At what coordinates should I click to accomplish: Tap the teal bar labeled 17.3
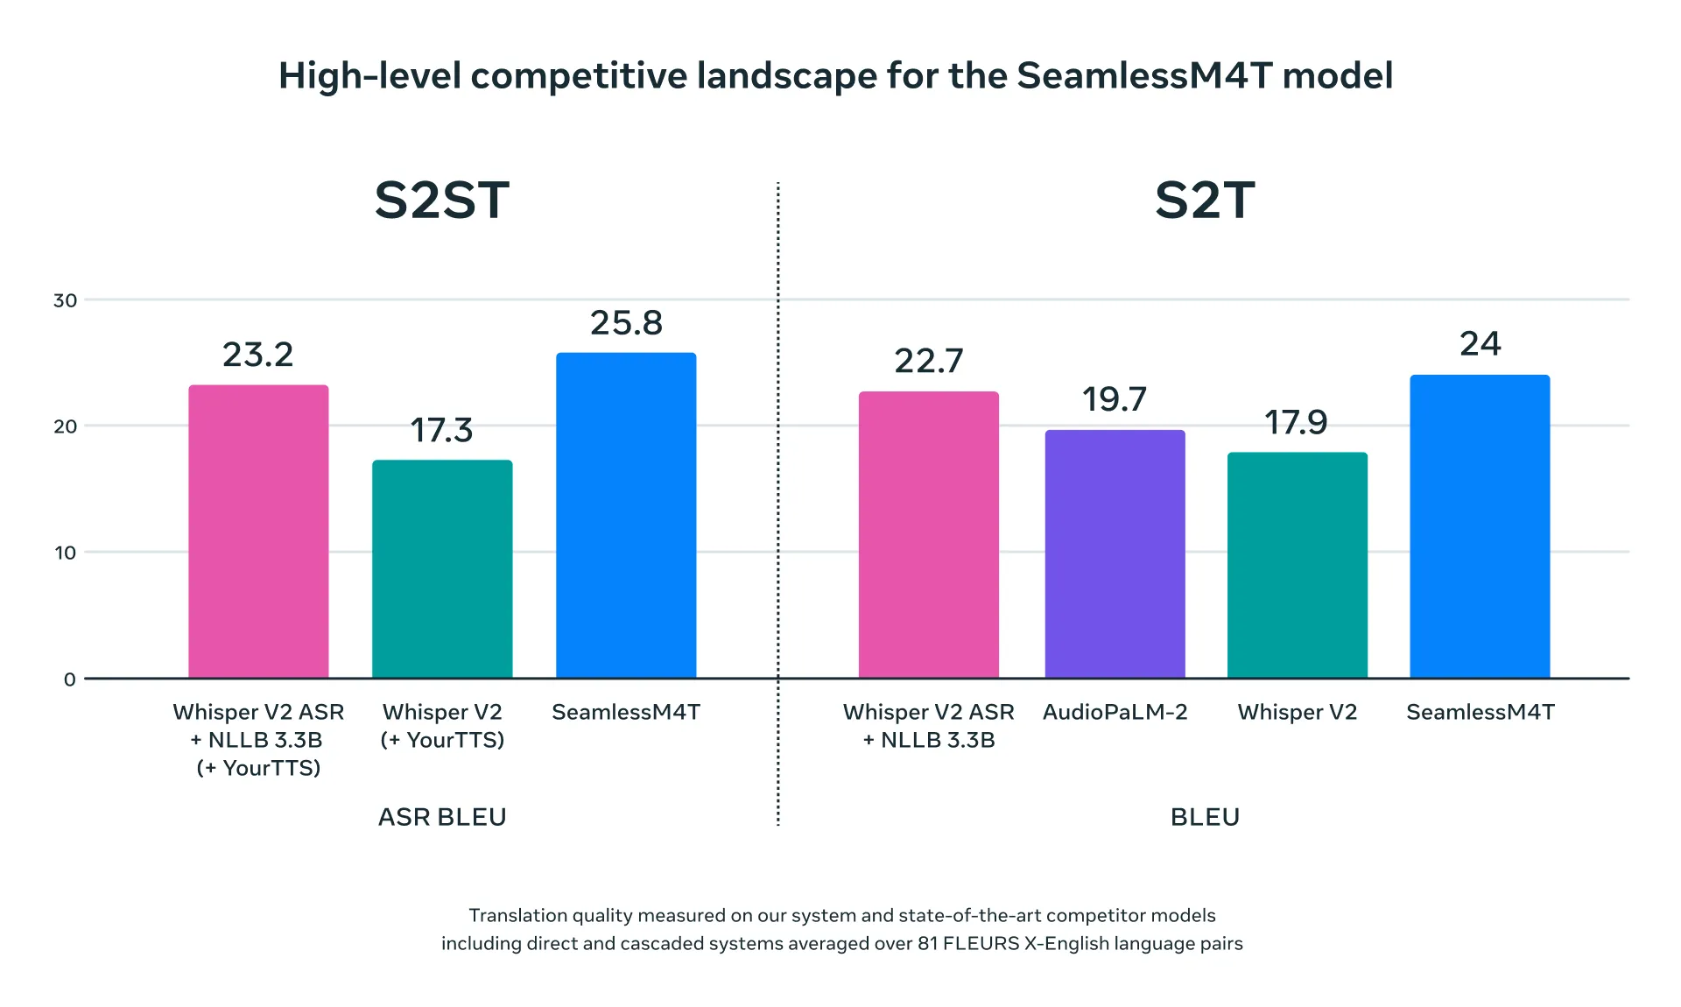[x=442, y=568]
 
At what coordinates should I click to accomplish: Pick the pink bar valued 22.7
[x=928, y=534]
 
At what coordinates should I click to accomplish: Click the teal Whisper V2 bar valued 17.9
[x=1297, y=565]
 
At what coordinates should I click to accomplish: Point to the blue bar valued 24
[x=1480, y=526]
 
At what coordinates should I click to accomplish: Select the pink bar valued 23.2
[x=258, y=531]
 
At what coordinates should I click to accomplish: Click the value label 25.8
[x=626, y=323]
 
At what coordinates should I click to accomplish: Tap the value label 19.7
[x=1114, y=399]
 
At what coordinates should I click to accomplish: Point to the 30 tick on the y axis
[x=65, y=300]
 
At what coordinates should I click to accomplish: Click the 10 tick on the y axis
[x=65, y=553]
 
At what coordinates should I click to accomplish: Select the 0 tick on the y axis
[x=69, y=680]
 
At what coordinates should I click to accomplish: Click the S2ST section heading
[x=441, y=201]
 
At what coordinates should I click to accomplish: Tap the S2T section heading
[x=1205, y=201]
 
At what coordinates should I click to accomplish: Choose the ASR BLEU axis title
[x=442, y=817]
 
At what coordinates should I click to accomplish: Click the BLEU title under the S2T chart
[x=1205, y=817]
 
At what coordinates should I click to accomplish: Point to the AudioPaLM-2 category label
[x=1115, y=712]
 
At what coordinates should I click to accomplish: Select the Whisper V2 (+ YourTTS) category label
[x=442, y=726]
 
